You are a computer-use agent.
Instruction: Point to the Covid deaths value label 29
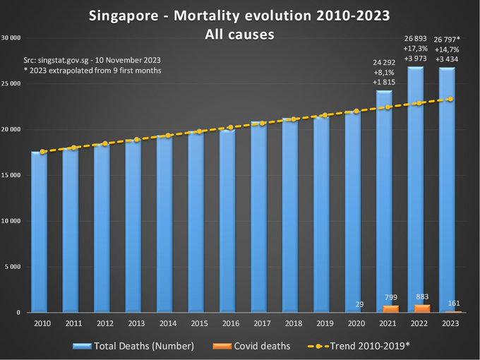click(361, 304)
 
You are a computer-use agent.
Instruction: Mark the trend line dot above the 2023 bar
click(450, 99)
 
